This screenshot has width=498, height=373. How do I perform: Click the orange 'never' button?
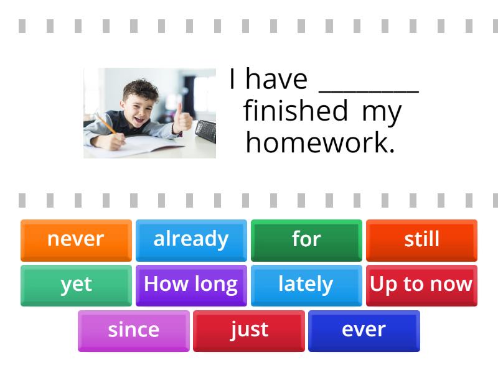(x=76, y=239)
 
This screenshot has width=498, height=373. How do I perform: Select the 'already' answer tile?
(x=191, y=239)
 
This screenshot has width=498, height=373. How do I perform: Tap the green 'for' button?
(x=306, y=239)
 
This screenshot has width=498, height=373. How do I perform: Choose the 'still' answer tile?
(x=421, y=239)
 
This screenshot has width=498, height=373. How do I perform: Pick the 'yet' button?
(x=76, y=285)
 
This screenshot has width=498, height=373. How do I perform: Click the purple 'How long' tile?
(x=191, y=285)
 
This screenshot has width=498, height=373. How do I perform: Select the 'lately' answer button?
(x=306, y=285)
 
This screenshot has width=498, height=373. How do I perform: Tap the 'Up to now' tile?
(x=421, y=285)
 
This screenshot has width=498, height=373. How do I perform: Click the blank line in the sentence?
(x=369, y=87)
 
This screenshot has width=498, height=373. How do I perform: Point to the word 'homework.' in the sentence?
(x=321, y=143)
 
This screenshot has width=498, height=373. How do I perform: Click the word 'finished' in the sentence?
(x=295, y=111)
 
